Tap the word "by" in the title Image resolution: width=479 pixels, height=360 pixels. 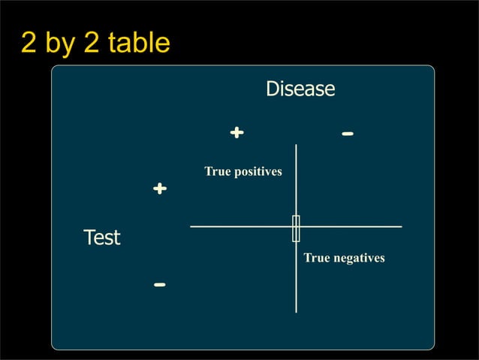[62, 44]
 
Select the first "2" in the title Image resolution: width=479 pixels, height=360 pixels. [29, 43]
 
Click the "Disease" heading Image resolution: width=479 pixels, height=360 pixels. [300, 89]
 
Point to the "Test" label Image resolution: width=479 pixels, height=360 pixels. [101, 238]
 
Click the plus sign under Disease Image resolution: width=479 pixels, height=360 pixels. [236, 133]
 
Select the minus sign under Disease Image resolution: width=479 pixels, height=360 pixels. [347, 134]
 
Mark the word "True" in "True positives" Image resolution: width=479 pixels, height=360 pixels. [217, 172]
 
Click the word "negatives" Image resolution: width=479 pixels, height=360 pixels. [357, 258]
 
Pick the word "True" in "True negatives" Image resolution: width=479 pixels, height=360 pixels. [316, 258]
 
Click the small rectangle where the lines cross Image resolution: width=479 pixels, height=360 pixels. [296, 228]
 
